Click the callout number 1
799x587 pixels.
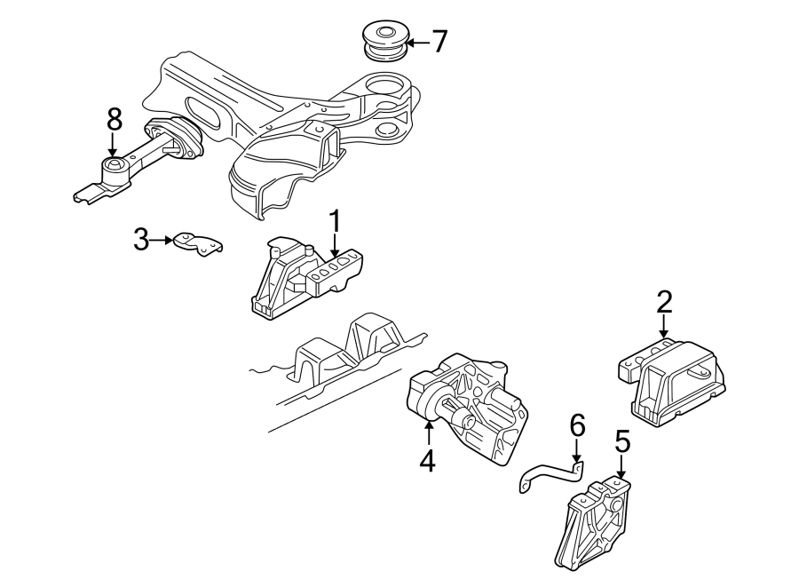(x=335, y=220)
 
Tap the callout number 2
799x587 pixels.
(x=664, y=302)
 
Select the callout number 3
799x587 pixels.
(x=141, y=239)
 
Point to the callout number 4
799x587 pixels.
(x=427, y=460)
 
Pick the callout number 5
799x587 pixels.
(x=621, y=440)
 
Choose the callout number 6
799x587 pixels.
(x=577, y=426)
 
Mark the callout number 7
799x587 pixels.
(x=439, y=42)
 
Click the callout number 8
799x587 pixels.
(x=113, y=118)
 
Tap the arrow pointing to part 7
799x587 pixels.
(x=416, y=42)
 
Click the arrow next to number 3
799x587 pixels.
(x=162, y=240)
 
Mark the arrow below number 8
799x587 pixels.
(x=113, y=144)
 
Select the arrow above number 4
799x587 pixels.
(x=428, y=434)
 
